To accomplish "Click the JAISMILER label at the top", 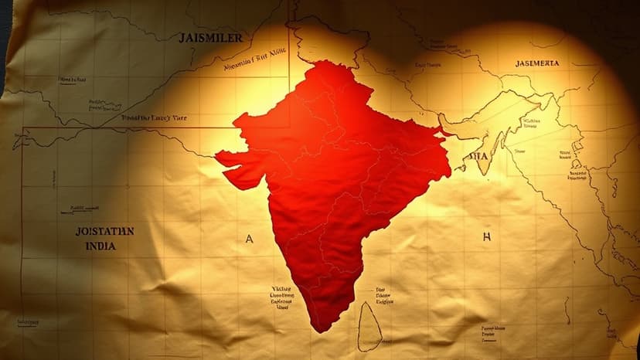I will [210, 37].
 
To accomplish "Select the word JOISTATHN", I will [104, 231].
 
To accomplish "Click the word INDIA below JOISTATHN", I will [101, 246].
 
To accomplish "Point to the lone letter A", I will [248, 239].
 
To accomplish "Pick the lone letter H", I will [486, 237].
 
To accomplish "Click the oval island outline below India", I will [369, 326].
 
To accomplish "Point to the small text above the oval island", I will [383, 295].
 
